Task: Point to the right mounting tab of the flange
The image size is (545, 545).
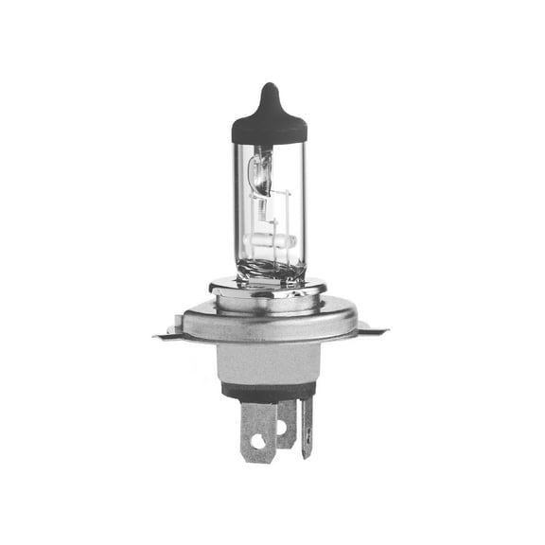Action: (373, 330)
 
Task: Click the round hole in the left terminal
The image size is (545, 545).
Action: (257, 441)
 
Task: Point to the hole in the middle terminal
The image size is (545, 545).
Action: (281, 428)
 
